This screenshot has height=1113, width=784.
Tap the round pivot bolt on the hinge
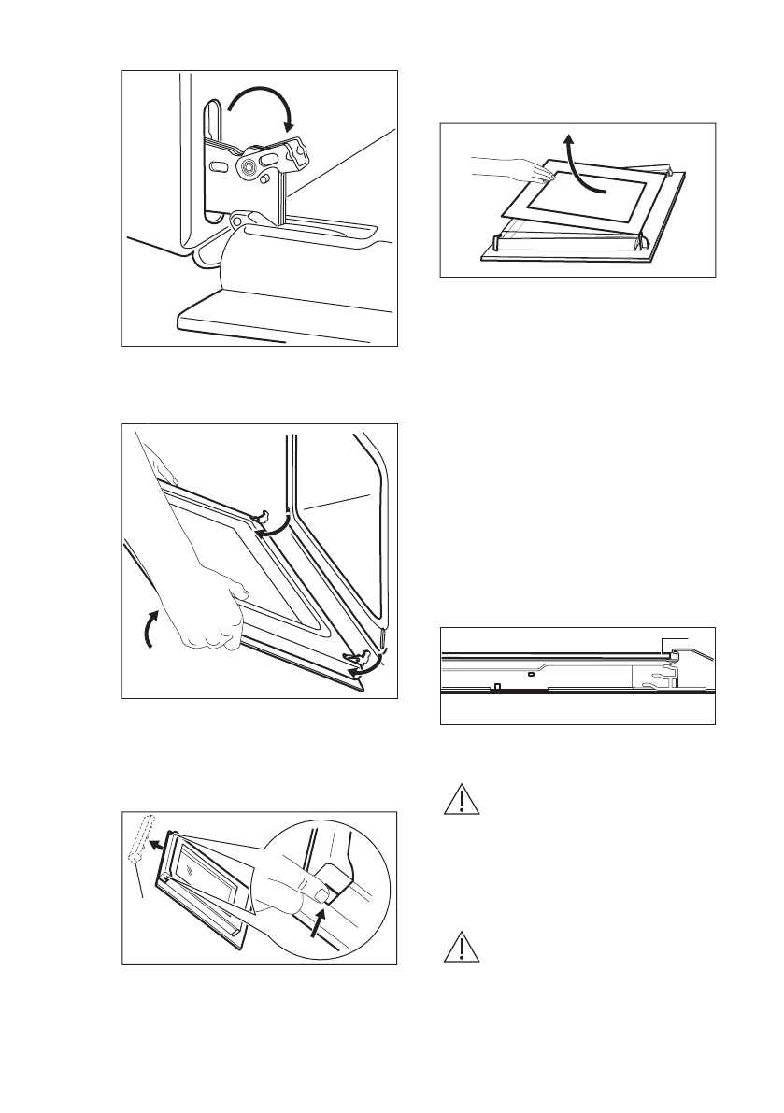(x=249, y=166)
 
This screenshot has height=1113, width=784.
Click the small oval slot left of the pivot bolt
(x=217, y=165)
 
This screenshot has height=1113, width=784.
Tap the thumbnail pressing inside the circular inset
(x=321, y=896)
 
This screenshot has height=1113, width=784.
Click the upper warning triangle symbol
(x=459, y=801)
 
